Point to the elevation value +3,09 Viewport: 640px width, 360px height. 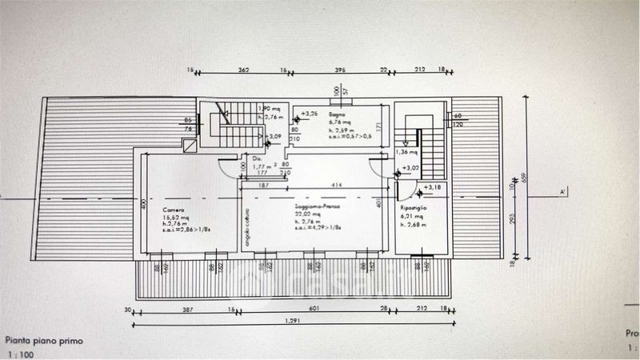pos(274,137)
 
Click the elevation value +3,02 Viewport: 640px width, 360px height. pos(412,168)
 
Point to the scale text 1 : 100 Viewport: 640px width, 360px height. pos(22,353)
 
